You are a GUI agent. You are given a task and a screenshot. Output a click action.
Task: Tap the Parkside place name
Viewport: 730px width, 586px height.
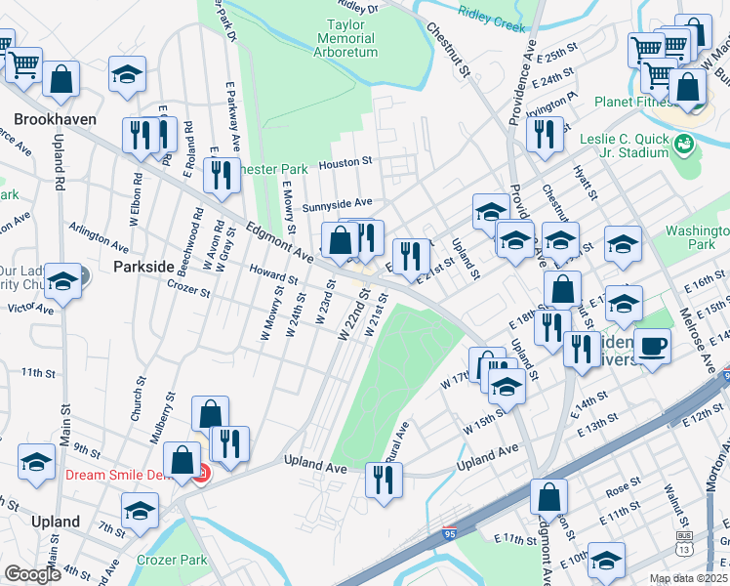tap(142, 266)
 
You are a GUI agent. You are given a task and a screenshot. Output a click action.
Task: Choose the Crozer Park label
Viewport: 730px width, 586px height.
tap(172, 560)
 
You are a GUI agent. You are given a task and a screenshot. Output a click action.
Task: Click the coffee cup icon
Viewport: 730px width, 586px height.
tap(652, 344)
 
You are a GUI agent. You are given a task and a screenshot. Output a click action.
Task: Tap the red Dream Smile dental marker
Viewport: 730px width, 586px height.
tap(201, 475)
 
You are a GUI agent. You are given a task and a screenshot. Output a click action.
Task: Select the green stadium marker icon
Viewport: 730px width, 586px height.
tap(687, 146)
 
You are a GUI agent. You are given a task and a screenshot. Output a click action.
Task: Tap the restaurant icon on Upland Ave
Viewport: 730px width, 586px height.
tap(384, 479)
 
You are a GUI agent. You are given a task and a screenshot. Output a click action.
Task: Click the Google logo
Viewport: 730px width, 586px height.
tap(32, 574)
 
